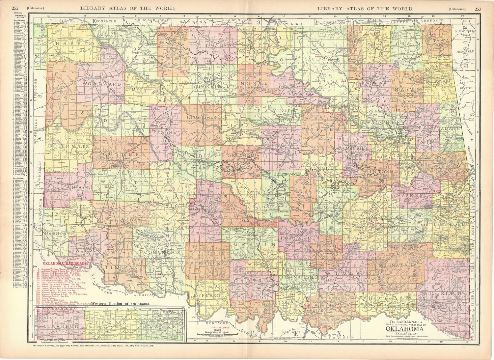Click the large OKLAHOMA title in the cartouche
click(x=405, y=329)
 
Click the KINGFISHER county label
click(x=202, y=117)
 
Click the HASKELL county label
click(x=412, y=195)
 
